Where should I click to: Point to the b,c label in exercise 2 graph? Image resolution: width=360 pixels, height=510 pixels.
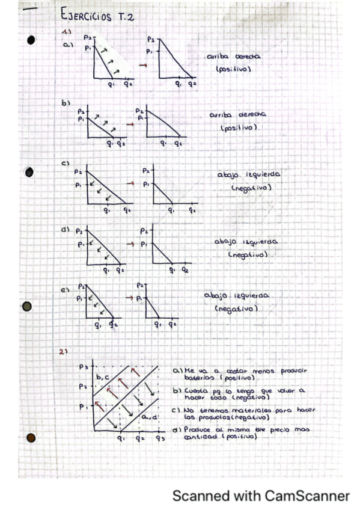102,376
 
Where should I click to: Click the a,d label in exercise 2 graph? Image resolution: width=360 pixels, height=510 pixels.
148,416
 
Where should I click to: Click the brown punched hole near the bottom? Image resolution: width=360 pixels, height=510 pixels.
31,438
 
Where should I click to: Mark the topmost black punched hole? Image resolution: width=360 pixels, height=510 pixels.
31,40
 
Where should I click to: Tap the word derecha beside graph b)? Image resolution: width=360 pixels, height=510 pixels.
252,114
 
